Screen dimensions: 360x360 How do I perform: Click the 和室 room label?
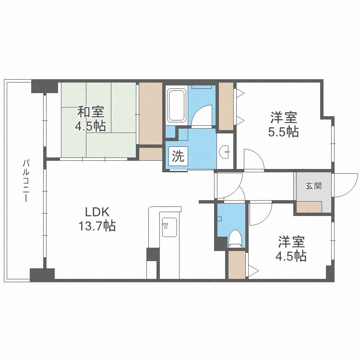[x=91, y=112]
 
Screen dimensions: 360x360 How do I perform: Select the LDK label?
[x=98, y=212]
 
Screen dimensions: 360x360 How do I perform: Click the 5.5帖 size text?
[x=283, y=131]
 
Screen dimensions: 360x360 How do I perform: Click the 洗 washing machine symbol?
[x=178, y=156]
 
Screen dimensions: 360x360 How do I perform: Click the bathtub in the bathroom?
[x=176, y=106]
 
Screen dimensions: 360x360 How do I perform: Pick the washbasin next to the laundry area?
[x=225, y=152]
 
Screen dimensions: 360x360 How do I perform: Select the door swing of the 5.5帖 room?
[x=253, y=160]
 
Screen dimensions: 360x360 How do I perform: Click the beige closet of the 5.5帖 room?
[x=225, y=106]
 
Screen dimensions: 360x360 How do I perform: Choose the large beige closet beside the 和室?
[x=150, y=113]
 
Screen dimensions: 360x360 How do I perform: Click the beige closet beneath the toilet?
[x=236, y=265]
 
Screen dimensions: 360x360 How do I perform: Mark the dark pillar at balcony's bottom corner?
[x=42, y=275]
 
